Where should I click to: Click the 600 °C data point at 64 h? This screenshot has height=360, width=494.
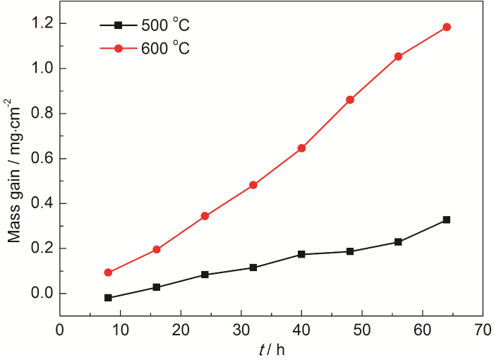446,27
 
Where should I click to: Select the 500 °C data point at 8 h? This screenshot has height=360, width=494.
108,298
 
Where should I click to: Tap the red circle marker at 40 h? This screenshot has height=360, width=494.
301,148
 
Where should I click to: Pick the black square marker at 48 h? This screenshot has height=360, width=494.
350,251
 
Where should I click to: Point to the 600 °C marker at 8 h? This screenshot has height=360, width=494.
108,272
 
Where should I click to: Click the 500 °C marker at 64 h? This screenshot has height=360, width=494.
446,220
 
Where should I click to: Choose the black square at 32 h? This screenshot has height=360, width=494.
253,268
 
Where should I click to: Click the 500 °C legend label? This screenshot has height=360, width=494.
165,26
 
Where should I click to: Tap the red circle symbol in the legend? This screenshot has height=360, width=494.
118,48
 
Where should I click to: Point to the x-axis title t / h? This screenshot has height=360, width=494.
272,349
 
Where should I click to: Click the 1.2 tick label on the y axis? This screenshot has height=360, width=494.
42,23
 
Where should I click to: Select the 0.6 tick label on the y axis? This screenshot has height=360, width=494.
42,158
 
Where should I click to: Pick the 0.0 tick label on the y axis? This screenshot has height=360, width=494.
42,294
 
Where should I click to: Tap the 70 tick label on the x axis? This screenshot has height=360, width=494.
483,330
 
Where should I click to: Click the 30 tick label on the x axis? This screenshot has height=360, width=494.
241,330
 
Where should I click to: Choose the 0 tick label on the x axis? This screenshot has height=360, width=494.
60,330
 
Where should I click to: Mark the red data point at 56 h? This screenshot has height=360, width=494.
398,56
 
